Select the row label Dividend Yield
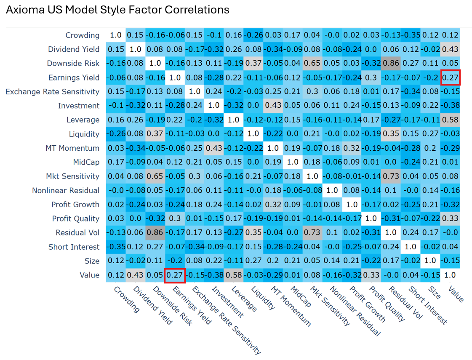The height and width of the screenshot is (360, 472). click(74, 49)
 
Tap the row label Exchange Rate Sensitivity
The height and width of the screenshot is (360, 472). click(53, 91)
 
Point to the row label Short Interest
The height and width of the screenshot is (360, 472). click(74, 247)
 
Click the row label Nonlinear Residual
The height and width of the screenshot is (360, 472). click(66, 190)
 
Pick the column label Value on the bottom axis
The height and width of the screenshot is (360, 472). click(456, 293)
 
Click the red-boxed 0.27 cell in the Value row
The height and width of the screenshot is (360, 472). click(175, 275)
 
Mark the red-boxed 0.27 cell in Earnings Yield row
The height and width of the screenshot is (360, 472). click(450, 77)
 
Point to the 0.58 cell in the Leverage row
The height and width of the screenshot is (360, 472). click(450, 120)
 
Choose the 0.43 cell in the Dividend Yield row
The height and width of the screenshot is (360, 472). click(450, 49)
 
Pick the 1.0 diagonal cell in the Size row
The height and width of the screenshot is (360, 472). click(431, 261)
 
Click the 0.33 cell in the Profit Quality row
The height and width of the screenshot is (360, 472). click(450, 219)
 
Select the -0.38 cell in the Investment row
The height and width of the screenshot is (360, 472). click(450, 106)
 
